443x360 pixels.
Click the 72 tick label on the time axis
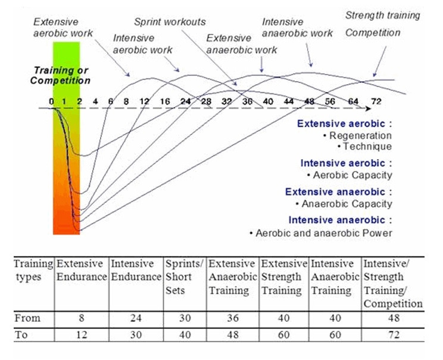[x=376, y=101]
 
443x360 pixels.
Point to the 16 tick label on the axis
[x=165, y=101]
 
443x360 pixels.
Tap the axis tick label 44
[x=289, y=101]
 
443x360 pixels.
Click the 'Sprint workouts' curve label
[x=170, y=22]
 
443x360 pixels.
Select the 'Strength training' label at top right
[x=382, y=15]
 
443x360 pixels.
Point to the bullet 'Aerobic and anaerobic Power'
[x=322, y=232]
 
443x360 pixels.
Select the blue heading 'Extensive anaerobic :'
[x=339, y=192]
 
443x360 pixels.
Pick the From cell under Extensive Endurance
[x=82, y=318]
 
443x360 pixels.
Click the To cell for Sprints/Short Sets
[x=185, y=334]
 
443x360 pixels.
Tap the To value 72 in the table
[x=393, y=334]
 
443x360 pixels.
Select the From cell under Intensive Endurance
[x=136, y=318]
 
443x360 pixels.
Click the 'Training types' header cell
[x=33, y=270]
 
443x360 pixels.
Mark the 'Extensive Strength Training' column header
[x=282, y=277]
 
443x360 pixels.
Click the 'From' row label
[x=27, y=318]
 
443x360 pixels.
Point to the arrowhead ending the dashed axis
[x=369, y=109]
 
